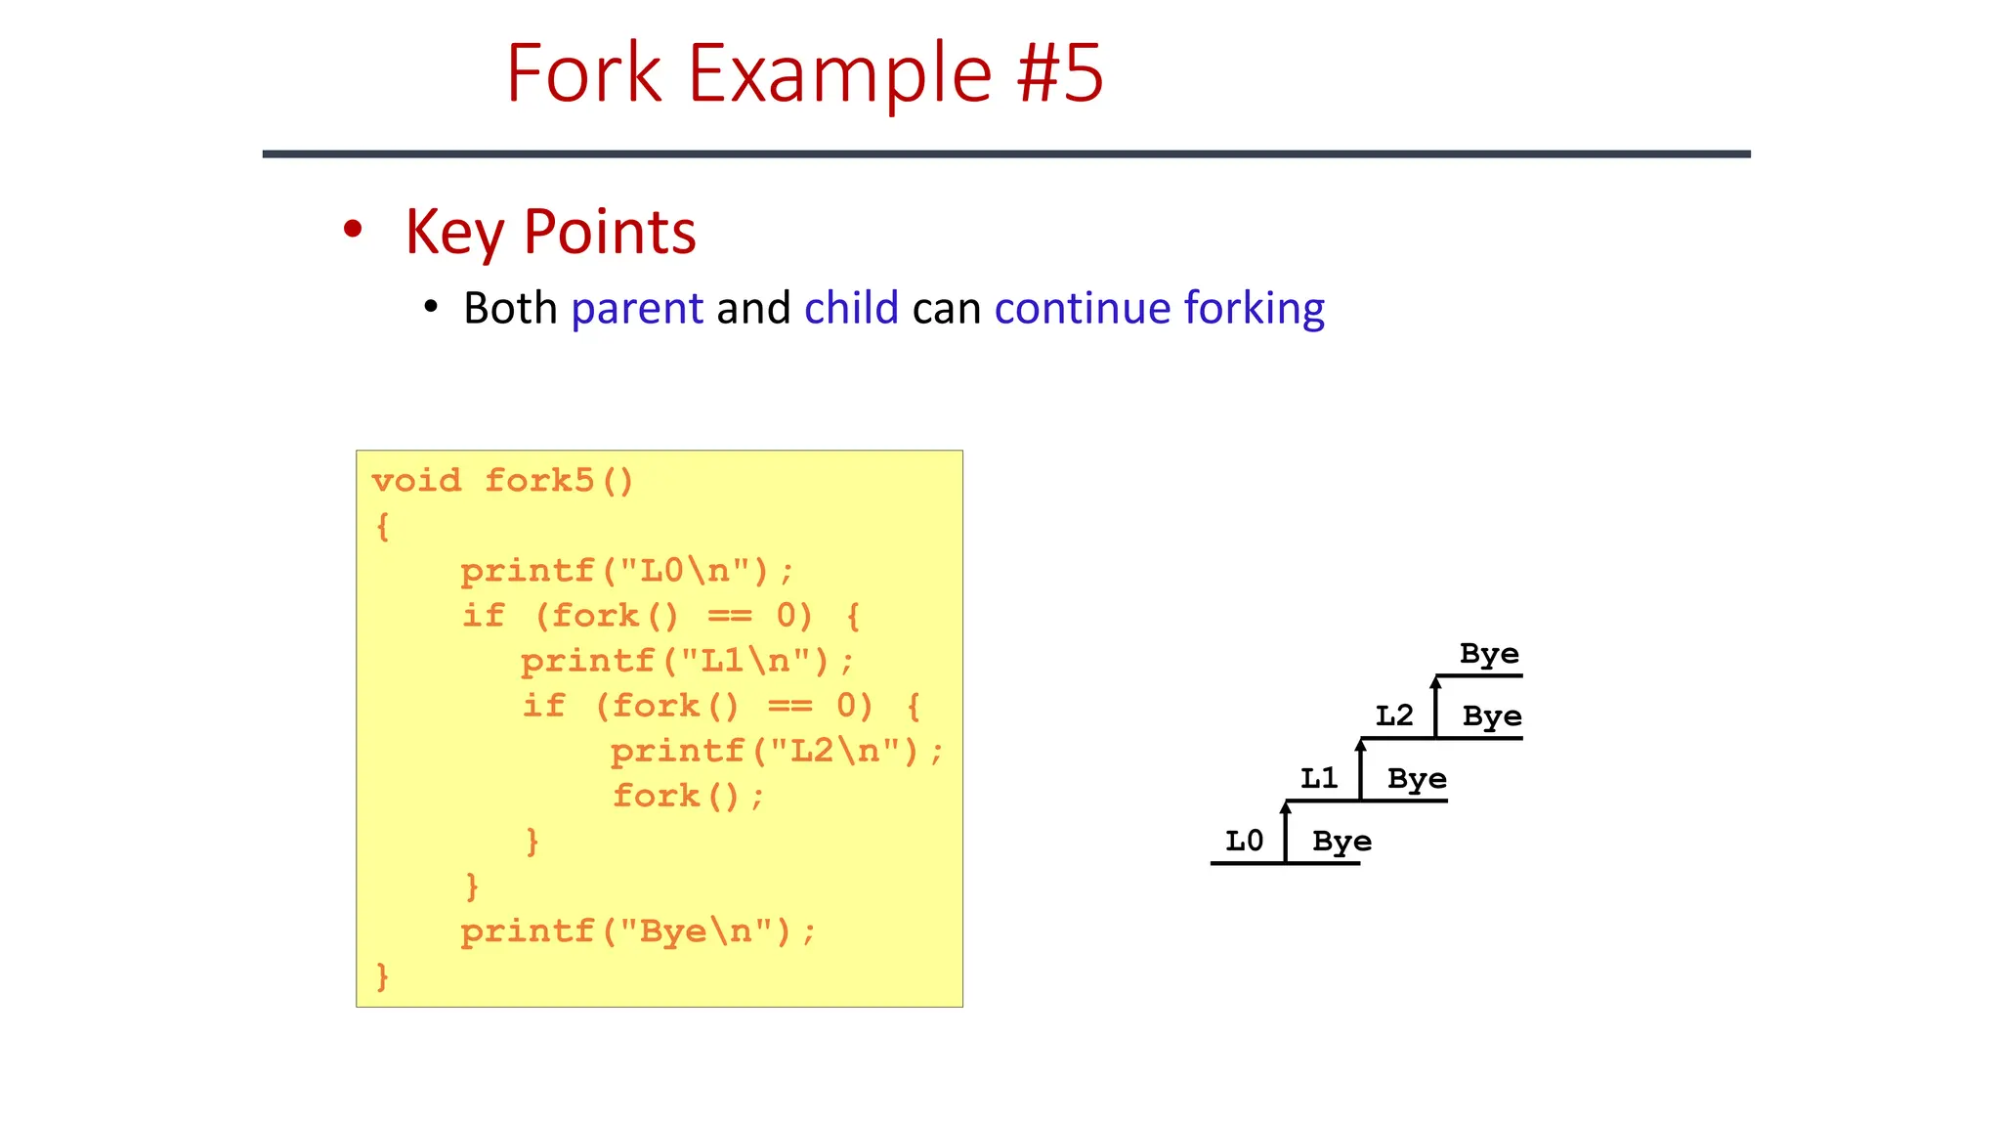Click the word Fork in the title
[583, 73]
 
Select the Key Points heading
[550, 233]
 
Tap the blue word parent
[637, 309]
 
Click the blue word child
[851, 309]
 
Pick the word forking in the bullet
[1254, 309]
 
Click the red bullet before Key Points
[353, 230]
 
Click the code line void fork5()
[503, 481]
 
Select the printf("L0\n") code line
[627, 571]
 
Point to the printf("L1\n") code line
[687, 661]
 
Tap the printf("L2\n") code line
[777, 751]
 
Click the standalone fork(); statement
[688, 796]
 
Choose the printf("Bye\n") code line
[637, 931]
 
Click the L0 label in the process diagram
[1244, 841]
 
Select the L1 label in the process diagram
[1318, 778]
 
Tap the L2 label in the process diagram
[1393, 715]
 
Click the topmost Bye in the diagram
[1489, 654]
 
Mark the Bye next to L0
[1341, 842]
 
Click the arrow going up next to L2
[1435, 706]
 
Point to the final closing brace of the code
[382, 975]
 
